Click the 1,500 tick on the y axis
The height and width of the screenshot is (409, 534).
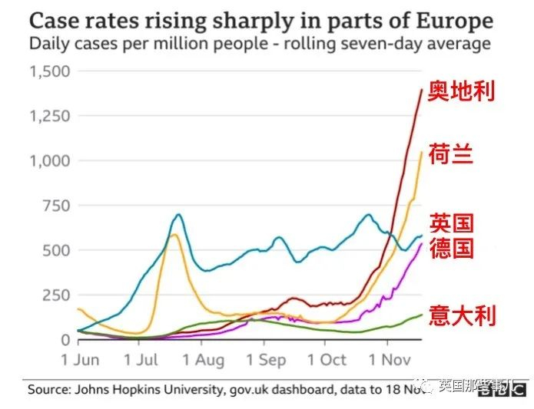pos(49,71)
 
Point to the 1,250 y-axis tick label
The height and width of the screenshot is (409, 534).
pos(49,116)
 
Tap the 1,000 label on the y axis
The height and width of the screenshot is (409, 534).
pos(49,160)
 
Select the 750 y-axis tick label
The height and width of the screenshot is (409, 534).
pos(56,206)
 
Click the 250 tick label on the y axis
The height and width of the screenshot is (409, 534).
pos(56,295)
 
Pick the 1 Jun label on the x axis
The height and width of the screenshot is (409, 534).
pos(80,359)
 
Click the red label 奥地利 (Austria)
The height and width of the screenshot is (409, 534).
pos(461,91)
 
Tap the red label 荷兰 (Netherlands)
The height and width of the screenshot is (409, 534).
pos(450,154)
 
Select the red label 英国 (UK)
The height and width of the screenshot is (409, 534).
pos(450,223)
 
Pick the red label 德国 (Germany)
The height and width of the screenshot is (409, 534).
pos(450,248)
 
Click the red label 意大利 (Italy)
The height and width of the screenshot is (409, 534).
pos(461,315)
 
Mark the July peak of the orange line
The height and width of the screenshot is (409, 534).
pos(174,234)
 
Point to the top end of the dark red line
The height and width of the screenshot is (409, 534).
pos(421,90)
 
